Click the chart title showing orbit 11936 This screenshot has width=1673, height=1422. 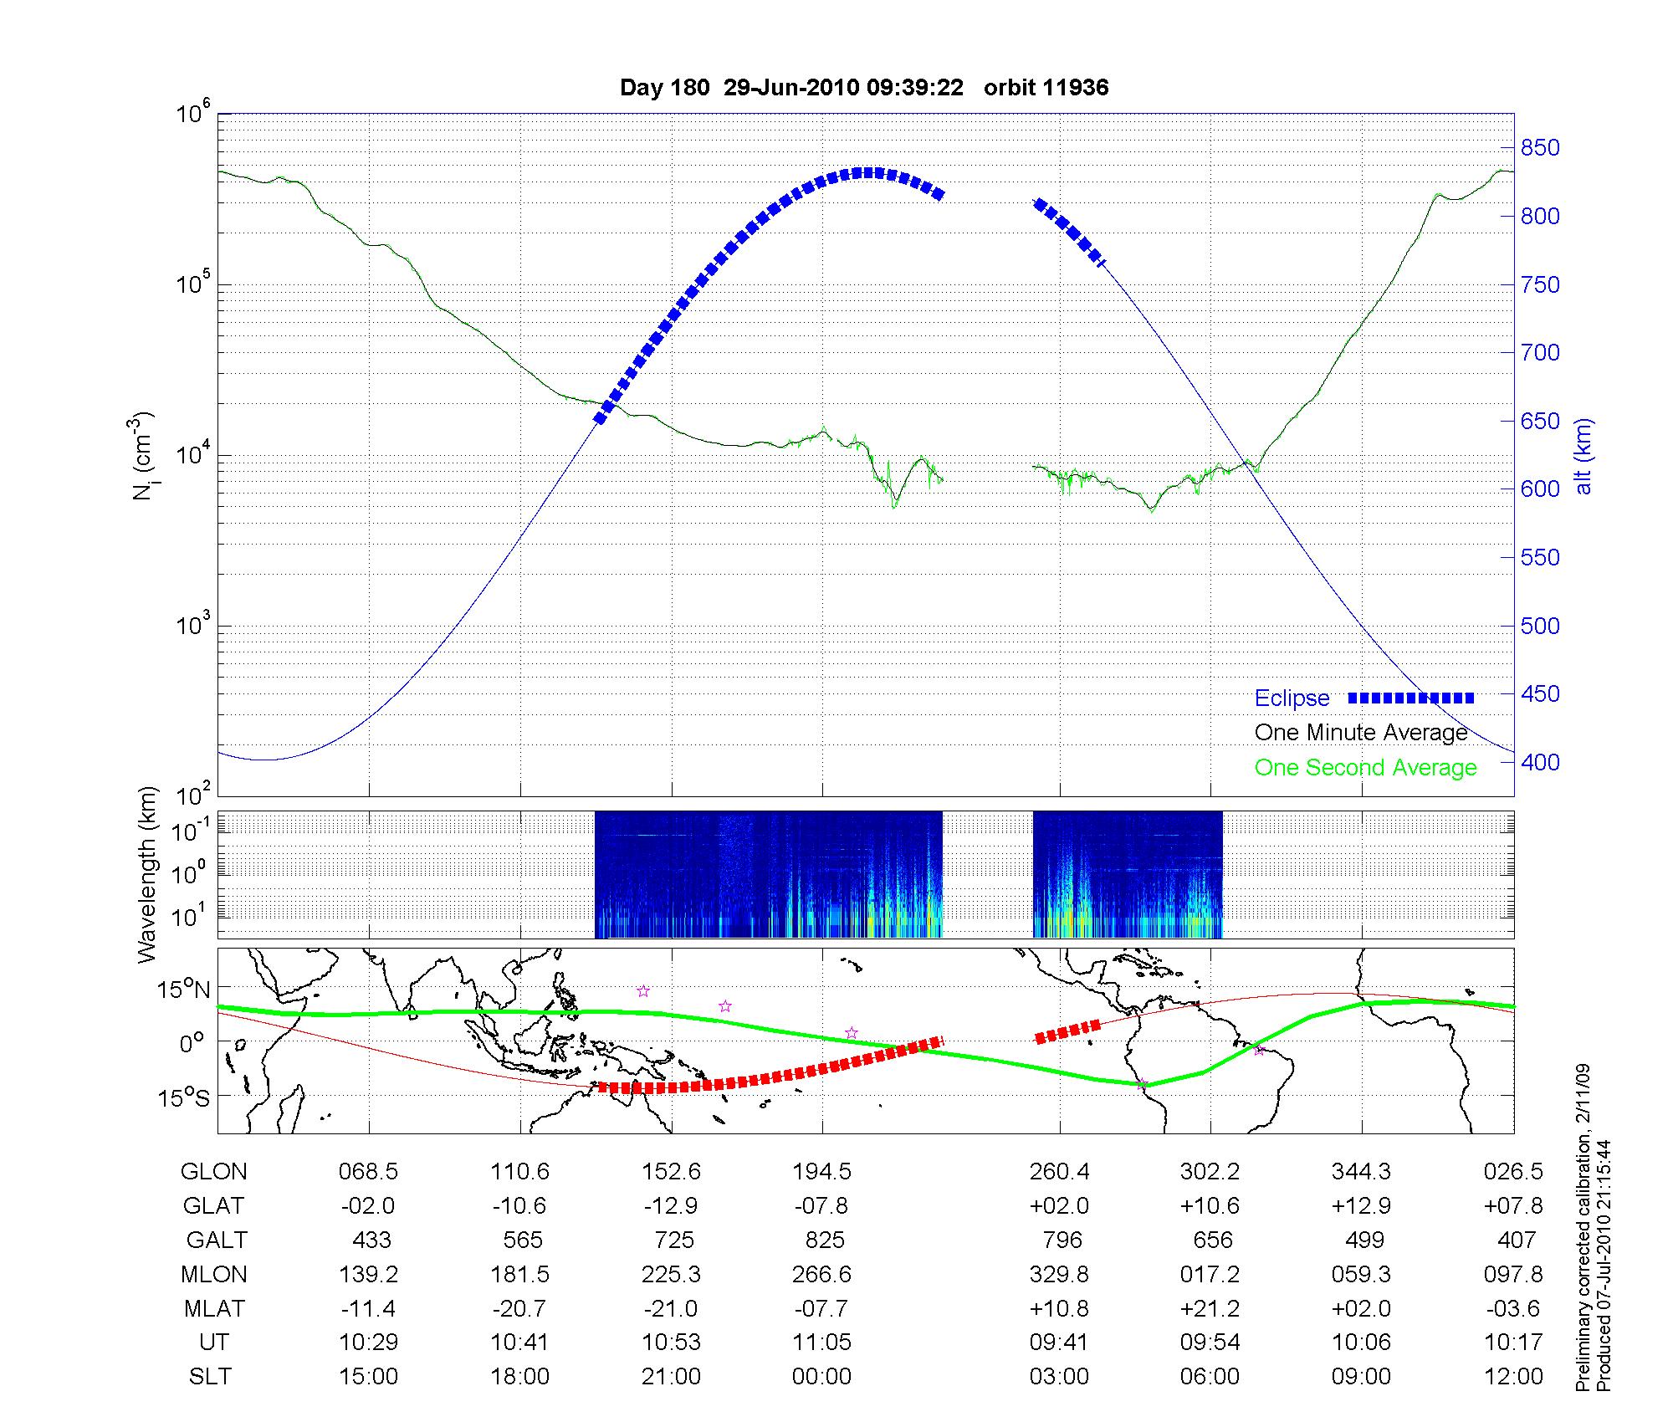tap(864, 88)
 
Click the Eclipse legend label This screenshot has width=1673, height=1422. tap(1292, 698)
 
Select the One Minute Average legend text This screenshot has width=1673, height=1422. tap(1361, 733)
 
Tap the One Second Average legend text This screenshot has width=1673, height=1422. tap(1365, 768)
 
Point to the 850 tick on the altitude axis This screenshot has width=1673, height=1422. tap(1540, 148)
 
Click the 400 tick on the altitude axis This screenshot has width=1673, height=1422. tap(1540, 762)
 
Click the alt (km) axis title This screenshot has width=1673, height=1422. tap(1583, 456)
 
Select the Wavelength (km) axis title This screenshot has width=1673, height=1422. tap(147, 875)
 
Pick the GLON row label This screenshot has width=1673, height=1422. tap(214, 1172)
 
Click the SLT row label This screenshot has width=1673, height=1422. tap(210, 1376)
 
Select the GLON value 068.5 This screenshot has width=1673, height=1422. tap(368, 1172)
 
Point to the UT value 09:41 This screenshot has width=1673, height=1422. tap(1059, 1342)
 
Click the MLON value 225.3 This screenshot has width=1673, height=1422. tap(671, 1274)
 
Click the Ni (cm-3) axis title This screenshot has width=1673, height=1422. tap(144, 456)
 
